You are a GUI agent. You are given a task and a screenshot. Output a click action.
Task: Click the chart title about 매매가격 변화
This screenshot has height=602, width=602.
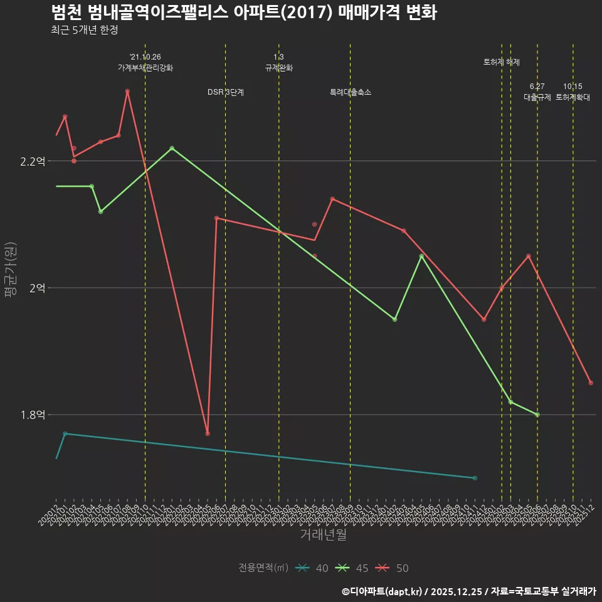pos(243,13)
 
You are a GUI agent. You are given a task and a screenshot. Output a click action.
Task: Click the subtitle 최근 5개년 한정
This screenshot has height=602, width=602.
pos(84,30)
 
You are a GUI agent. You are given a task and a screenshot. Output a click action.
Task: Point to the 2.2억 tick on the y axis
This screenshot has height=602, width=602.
pos(33,161)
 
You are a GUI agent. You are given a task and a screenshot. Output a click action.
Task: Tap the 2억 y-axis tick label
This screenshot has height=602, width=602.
pos(37,288)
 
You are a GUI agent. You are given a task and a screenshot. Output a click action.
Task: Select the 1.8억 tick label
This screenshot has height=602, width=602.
pos(33,415)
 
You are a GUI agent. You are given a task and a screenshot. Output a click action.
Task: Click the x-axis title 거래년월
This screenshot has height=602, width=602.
pos(323,535)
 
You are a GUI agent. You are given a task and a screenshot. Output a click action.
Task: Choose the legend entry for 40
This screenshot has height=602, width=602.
pos(314,568)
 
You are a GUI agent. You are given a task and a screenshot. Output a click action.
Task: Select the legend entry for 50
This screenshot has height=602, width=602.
pos(394,568)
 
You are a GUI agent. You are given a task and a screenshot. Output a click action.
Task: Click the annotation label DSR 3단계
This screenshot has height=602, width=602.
pos(226,92)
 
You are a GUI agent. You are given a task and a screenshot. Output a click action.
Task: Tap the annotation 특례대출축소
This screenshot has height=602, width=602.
pos(351,92)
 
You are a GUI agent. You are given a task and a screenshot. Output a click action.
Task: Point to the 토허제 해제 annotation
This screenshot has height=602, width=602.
pos(502,62)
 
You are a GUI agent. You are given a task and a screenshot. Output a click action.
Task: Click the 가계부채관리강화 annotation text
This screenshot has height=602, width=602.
pos(145,68)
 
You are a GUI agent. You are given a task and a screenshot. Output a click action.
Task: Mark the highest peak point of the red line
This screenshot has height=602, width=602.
pos(127,91)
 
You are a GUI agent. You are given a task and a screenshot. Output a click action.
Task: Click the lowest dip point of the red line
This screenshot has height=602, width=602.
pos(208,433)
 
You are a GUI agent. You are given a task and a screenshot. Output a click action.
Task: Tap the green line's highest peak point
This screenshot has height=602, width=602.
pos(172,148)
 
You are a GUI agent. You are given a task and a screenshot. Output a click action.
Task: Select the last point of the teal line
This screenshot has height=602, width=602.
pos(475,478)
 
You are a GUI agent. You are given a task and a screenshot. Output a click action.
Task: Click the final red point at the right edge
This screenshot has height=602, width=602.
pos(591,383)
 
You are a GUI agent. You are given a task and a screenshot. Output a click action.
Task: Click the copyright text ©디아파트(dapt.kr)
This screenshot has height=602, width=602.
pos(384,591)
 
